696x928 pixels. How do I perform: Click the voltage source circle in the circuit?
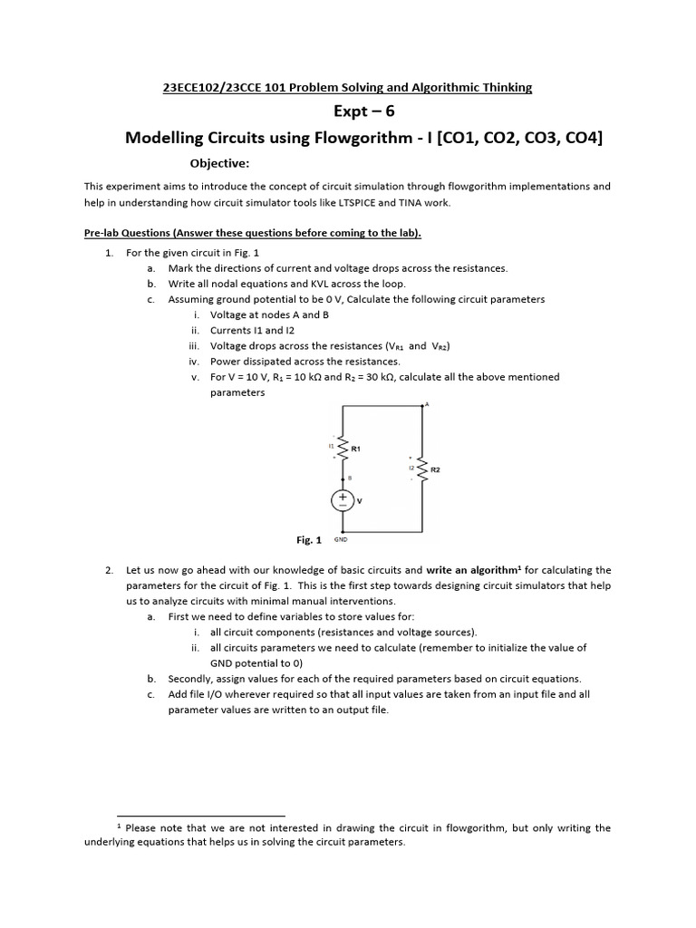click(343, 499)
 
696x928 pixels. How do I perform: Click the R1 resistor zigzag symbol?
click(343, 448)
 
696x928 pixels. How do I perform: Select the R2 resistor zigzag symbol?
click(422, 469)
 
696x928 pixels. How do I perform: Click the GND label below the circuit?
click(341, 539)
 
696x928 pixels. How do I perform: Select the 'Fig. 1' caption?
click(309, 540)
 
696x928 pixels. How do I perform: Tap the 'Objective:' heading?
click(218, 164)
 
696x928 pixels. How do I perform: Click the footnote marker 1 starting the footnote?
click(120, 826)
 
